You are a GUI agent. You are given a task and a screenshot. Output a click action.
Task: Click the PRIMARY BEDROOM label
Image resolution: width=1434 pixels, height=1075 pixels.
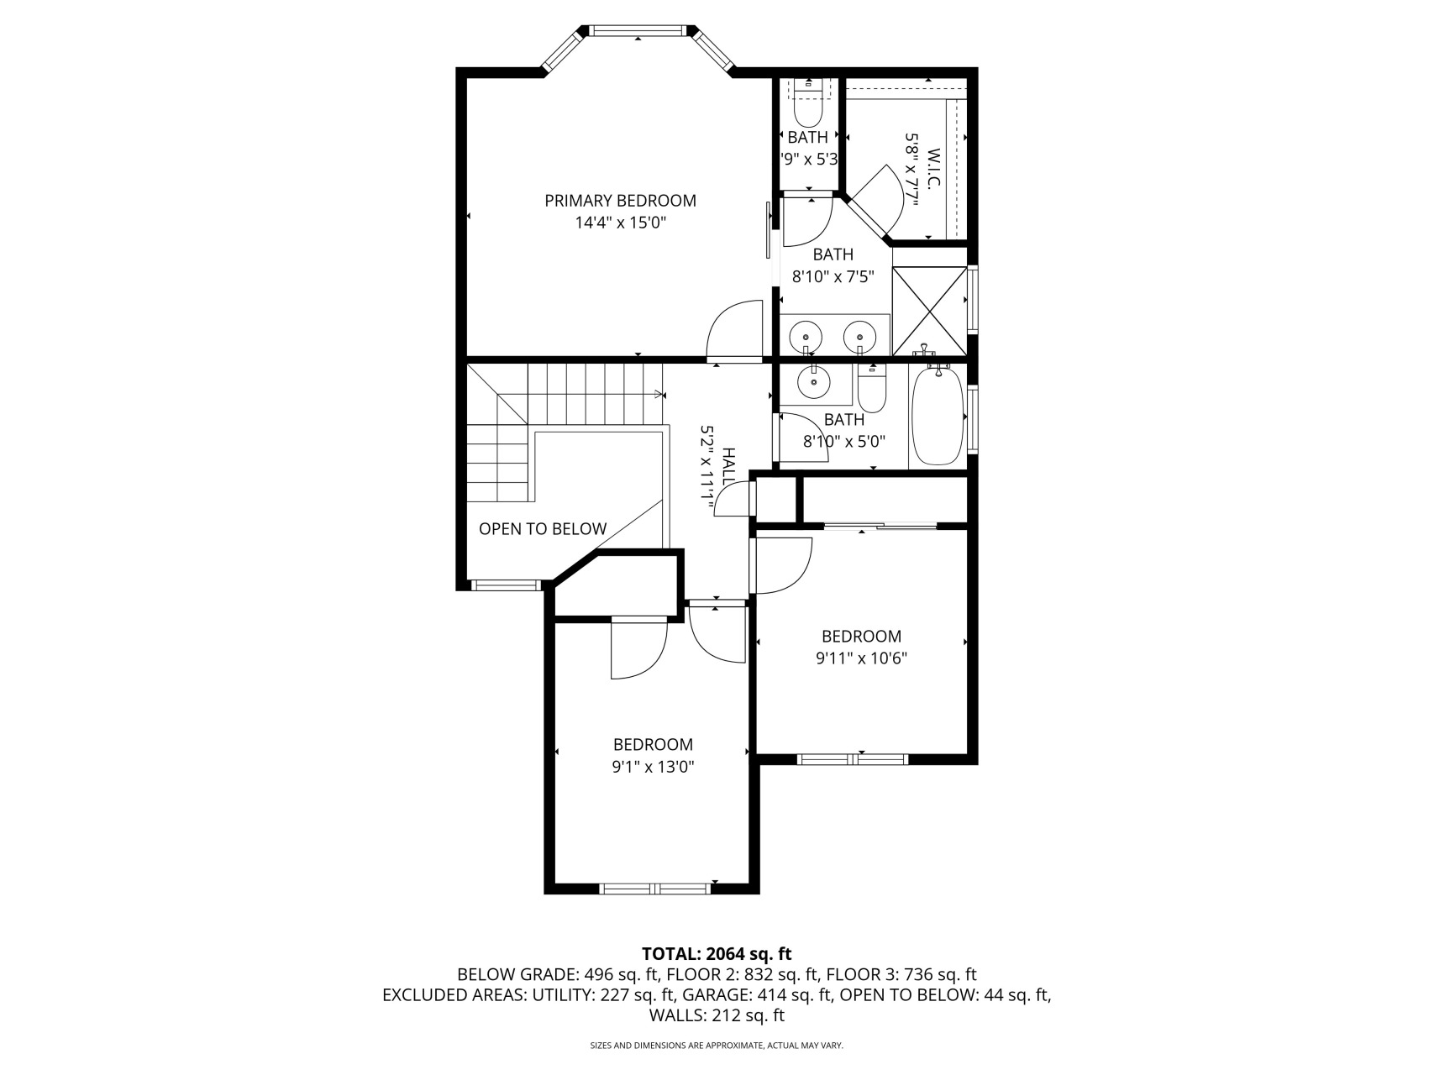click(620, 201)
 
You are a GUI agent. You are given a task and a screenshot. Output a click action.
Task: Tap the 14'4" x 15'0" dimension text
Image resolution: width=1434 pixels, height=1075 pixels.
click(620, 223)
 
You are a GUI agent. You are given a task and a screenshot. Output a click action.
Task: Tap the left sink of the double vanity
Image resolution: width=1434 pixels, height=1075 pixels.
click(806, 336)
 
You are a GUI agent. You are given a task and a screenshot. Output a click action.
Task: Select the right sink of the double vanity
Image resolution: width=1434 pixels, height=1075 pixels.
click(859, 336)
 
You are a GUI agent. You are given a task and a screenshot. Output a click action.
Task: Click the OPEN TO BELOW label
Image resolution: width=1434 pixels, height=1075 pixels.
click(542, 529)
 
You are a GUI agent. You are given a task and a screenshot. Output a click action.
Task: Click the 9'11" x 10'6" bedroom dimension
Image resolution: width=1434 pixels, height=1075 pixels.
click(861, 658)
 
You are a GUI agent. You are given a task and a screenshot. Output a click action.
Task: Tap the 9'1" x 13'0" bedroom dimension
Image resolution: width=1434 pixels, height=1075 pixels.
click(653, 767)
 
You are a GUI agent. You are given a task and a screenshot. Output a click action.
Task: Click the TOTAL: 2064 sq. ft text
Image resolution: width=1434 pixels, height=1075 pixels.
click(717, 954)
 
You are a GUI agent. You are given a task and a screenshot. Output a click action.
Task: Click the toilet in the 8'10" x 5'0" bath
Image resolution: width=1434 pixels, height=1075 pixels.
click(872, 391)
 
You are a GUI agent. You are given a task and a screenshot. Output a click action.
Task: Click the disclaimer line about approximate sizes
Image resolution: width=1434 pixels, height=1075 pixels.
click(717, 1046)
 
